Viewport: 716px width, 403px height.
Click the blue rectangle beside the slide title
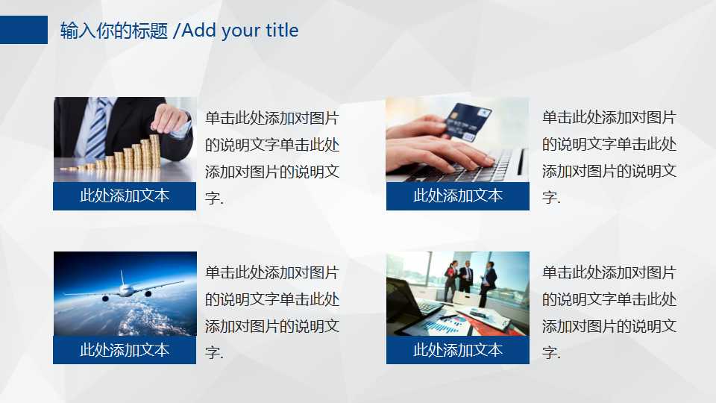(x=23, y=30)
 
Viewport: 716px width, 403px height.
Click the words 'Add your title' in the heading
(x=240, y=31)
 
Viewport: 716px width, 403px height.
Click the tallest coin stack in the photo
(x=154, y=150)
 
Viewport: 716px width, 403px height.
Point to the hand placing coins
(x=169, y=118)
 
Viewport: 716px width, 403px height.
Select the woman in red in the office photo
(x=450, y=279)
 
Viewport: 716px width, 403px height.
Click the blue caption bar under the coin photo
(x=125, y=196)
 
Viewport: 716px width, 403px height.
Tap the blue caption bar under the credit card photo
(x=458, y=196)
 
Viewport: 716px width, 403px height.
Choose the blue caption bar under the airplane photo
(x=125, y=350)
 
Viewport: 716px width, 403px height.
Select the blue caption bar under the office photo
(x=458, y=350)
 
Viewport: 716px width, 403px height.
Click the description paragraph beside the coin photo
(x=272, y=157)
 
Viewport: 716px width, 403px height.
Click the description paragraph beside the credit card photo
(x=609, y=157)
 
